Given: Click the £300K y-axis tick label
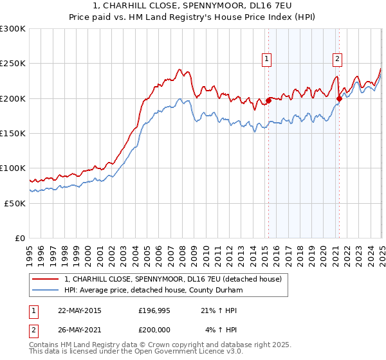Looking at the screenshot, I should pos(13,29).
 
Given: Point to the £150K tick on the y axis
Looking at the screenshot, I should pos(13,133).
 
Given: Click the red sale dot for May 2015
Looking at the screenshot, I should pos(268,100).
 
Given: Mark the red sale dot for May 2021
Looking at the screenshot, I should pos(339,98).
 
